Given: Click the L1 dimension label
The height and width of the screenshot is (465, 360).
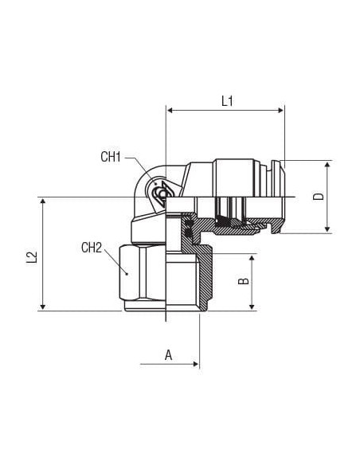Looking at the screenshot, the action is click(228, 101).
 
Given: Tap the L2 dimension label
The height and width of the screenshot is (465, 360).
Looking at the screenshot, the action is click(31, 257).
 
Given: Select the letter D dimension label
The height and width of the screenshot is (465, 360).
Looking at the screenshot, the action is click(319, 197).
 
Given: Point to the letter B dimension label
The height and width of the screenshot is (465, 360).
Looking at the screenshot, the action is click(244, 280).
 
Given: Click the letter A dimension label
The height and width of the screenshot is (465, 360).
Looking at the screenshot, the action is click(168, 354).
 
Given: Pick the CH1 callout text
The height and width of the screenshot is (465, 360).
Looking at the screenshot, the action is click(111, 157).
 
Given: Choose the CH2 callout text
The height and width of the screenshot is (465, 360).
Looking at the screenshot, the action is click(92, 248).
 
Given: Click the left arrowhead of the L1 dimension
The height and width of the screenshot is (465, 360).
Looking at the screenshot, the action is click(170, 111).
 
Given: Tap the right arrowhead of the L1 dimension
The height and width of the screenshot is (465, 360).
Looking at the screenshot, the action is click(280, 111).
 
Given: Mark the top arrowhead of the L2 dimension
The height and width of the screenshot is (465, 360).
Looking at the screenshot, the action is click(43, 202).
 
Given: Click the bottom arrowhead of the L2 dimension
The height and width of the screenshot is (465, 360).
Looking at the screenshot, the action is click(43, 307).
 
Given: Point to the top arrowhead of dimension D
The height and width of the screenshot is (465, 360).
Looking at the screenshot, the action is click(327, 165).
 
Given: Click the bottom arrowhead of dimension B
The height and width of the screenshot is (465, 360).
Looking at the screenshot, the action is click(252, 307).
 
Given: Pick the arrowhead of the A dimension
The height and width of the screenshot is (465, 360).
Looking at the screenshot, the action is click(196, 364).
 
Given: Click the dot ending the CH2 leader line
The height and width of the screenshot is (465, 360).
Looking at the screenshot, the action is click(127, 274).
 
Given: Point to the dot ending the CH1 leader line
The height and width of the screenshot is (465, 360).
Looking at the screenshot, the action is click(156, 184).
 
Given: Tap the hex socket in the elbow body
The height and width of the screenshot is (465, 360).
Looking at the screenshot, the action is click(162, 194).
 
